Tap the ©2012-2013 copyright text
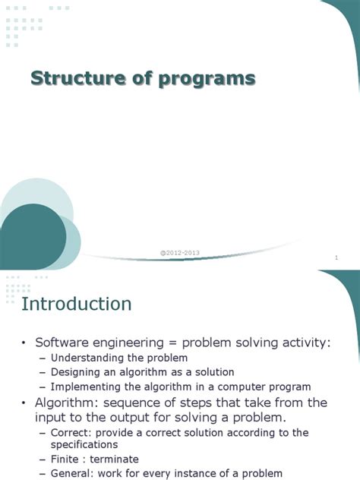pos(180,252)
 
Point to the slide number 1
pos(335,259)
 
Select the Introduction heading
pos(76,304)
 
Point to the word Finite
pos(67,459)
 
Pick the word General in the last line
pos(71,473)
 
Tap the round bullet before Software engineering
pos(24,343)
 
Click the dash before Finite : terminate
pos(43,459)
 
